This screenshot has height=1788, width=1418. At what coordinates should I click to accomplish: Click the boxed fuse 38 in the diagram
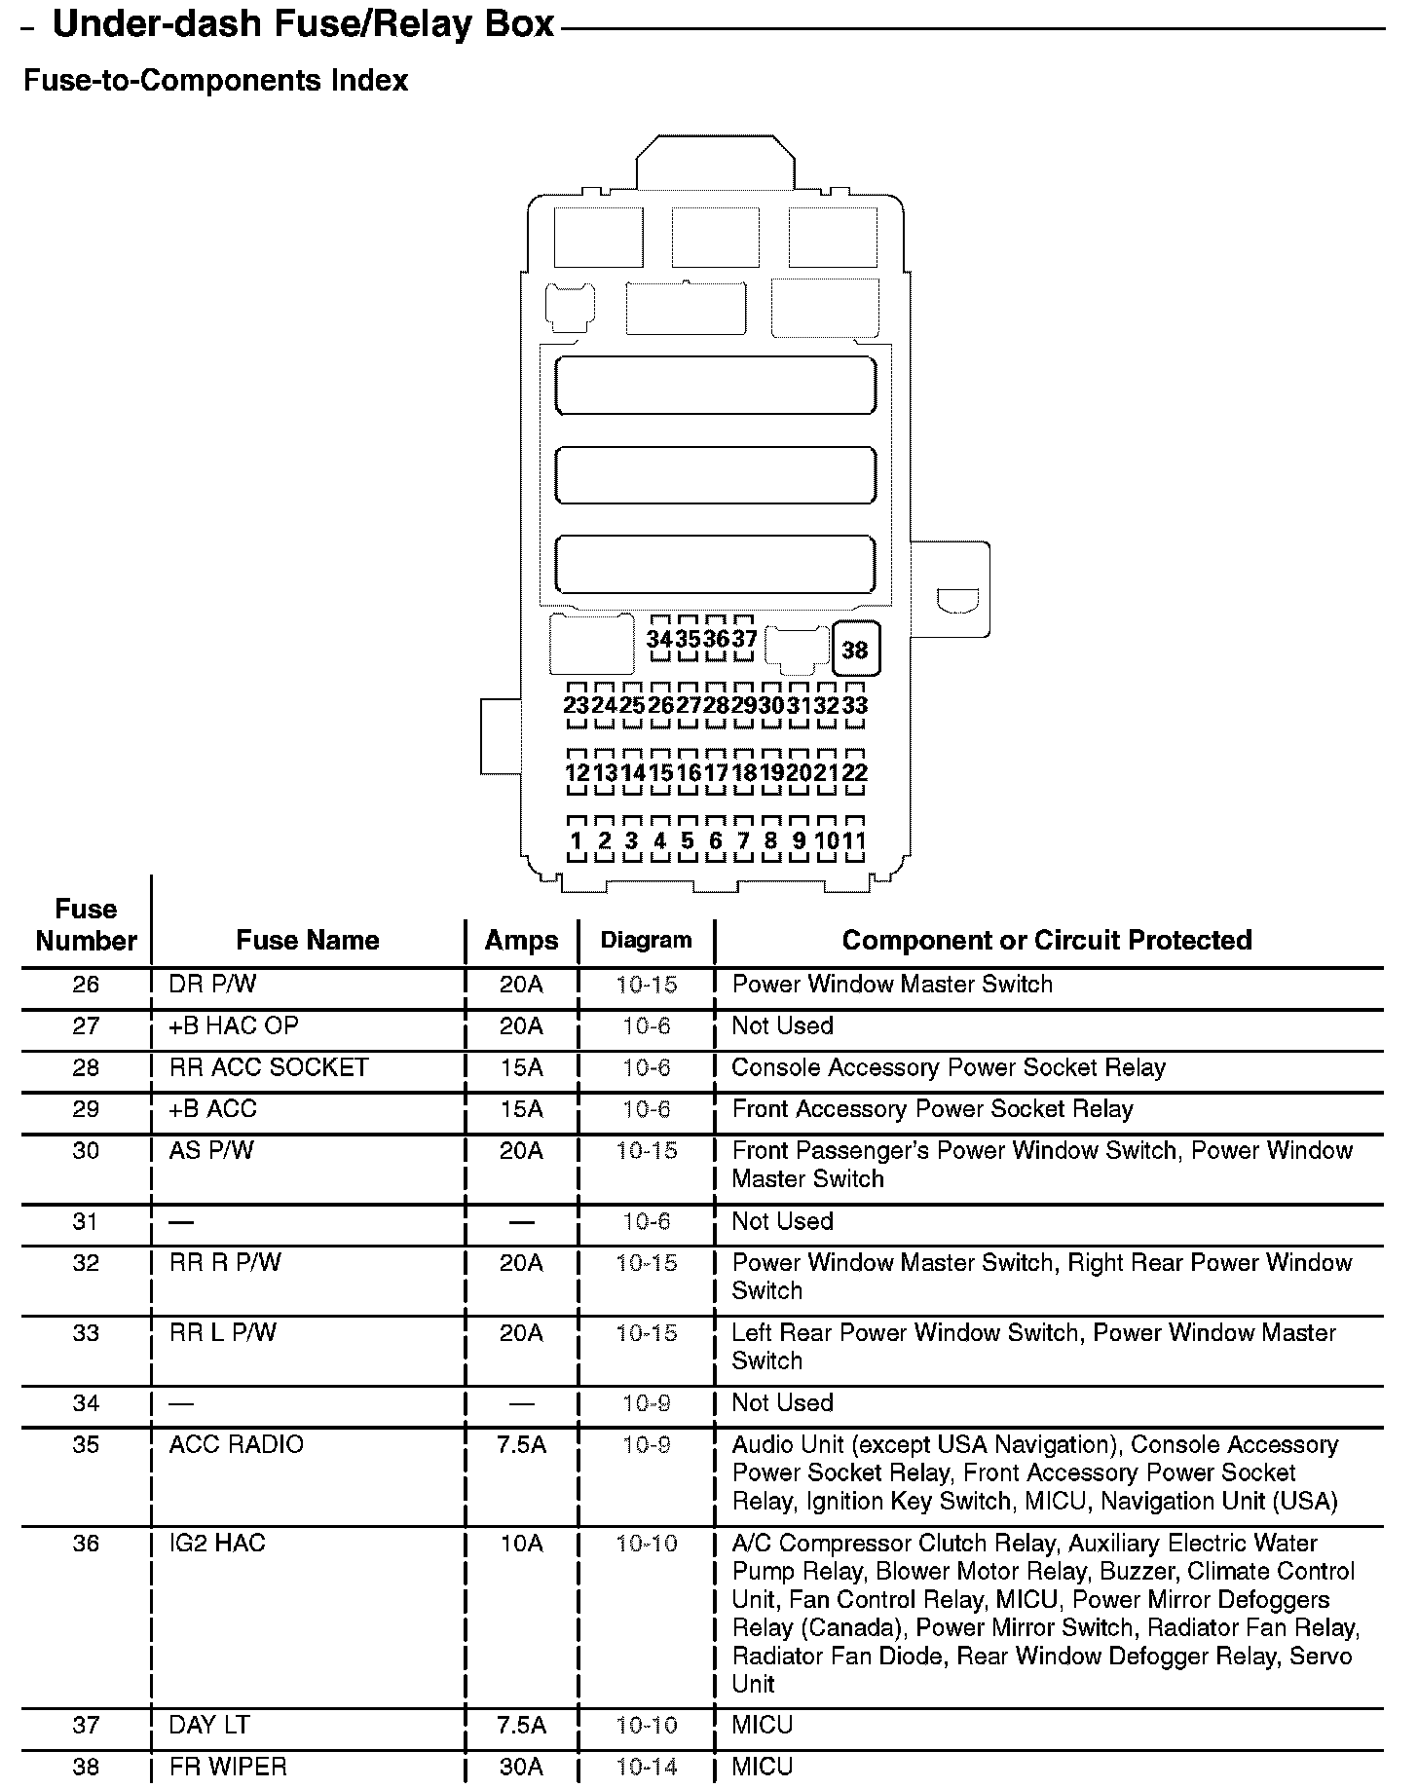[855, 649]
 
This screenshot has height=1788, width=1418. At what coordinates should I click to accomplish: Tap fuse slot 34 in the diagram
[660, 639]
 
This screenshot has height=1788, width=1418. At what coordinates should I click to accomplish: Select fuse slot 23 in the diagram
[577, 705]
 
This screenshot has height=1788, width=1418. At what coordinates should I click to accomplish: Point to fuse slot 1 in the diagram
[577, 840]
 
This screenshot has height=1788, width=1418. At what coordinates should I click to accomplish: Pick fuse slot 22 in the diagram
[855, 773]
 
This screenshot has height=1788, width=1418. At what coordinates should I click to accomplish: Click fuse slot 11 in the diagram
[854, 840]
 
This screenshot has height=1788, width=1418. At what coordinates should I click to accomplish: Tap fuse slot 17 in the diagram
[716, 773]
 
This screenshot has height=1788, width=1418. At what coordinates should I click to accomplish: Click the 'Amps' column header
[522, 941]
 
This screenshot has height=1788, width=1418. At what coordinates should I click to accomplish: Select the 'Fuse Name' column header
[308, 941]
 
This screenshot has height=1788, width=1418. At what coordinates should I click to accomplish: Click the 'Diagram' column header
[647, 941]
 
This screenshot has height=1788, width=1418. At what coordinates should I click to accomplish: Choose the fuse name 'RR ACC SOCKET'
[269, 1068]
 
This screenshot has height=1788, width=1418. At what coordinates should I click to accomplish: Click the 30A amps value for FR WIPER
[521, 1767]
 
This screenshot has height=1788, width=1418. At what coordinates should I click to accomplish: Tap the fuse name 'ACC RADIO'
[237, 1445]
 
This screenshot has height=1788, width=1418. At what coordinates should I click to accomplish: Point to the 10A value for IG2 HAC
[521, 1544]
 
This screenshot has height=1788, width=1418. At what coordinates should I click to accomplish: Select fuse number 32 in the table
[86, 1263]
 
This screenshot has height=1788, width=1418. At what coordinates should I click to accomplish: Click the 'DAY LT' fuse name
[209, 1726]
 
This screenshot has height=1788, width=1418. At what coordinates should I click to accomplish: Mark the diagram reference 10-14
[647, 1767]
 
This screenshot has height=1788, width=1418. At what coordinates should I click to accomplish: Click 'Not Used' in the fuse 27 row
[783, 1026]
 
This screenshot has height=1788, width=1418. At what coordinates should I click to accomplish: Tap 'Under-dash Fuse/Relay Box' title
[303, 25]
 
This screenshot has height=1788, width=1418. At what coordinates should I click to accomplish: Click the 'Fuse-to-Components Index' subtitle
[215, 80]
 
